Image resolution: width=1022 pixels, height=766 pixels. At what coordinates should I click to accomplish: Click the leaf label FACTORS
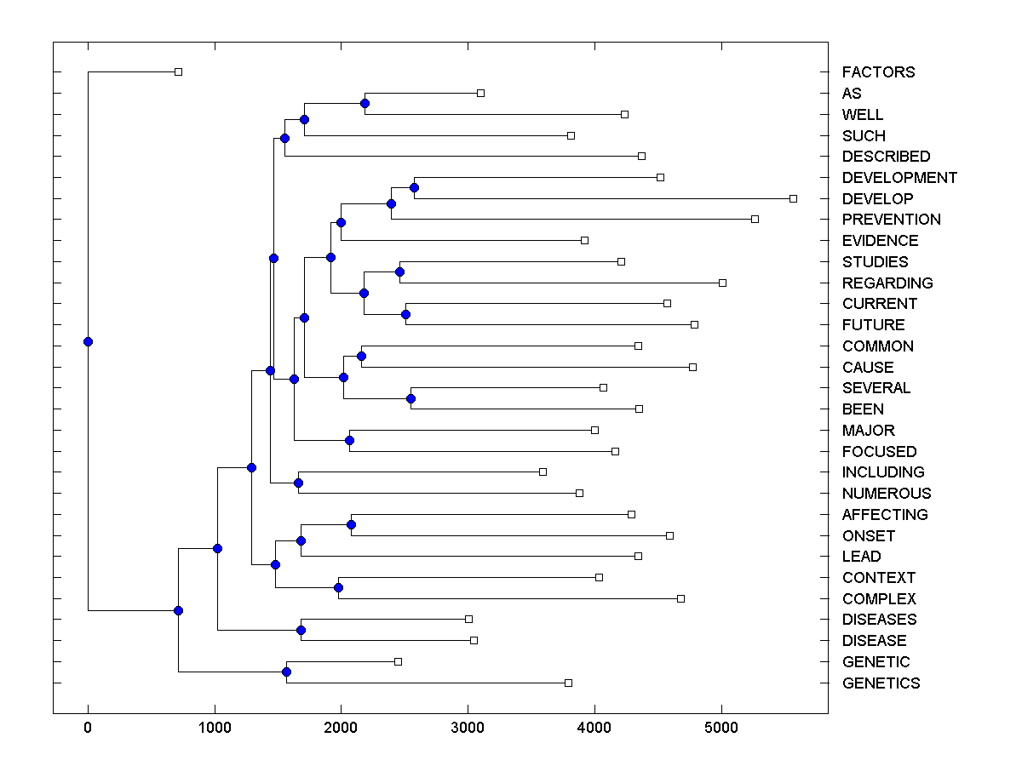click(x=878, y=72)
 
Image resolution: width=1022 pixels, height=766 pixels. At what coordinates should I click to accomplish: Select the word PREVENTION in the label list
click(x=891, y=220)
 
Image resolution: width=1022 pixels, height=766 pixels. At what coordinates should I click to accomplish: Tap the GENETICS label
click(x=881, y=683)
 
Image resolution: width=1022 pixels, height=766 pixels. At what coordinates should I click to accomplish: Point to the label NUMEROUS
click(x=886, y=493)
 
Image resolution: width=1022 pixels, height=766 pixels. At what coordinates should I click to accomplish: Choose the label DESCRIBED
click(x=886, y=157)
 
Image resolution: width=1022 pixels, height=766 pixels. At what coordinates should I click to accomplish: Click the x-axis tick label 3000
click(x=468, y=728)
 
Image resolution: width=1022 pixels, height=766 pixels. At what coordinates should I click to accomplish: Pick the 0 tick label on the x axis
click(x=88, y=728)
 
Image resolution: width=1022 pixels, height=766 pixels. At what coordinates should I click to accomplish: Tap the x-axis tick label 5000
click(x=721, y=728)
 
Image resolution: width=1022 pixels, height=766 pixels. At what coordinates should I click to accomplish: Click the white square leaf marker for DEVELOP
click(x=793, y=198)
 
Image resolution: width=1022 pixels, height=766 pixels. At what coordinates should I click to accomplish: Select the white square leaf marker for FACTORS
click(x=178, y=71)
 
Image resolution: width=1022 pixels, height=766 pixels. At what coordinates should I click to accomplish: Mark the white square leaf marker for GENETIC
click(x=398, y=661)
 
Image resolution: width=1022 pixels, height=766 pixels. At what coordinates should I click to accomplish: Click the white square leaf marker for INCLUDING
click(x=543, y=472)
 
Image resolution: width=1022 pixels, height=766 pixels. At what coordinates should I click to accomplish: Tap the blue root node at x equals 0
click(x=88, y=341)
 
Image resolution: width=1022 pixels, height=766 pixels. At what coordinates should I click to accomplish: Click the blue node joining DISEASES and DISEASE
click(x=301, y=630)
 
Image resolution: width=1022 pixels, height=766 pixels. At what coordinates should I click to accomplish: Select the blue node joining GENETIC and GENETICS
click(x=286, y=672)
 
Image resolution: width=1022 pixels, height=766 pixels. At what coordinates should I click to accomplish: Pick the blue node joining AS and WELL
click(x=365, y=103)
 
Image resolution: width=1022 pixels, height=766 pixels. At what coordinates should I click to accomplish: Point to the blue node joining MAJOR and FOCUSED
click(x=349, y=440)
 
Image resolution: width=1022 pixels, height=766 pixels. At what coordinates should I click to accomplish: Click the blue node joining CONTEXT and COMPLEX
click(x=338, y=587)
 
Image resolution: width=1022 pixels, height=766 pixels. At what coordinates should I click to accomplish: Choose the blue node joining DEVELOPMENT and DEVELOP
click(x=414, y=187)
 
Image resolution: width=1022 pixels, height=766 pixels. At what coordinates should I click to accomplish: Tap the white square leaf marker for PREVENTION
click(x=755, y=219)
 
